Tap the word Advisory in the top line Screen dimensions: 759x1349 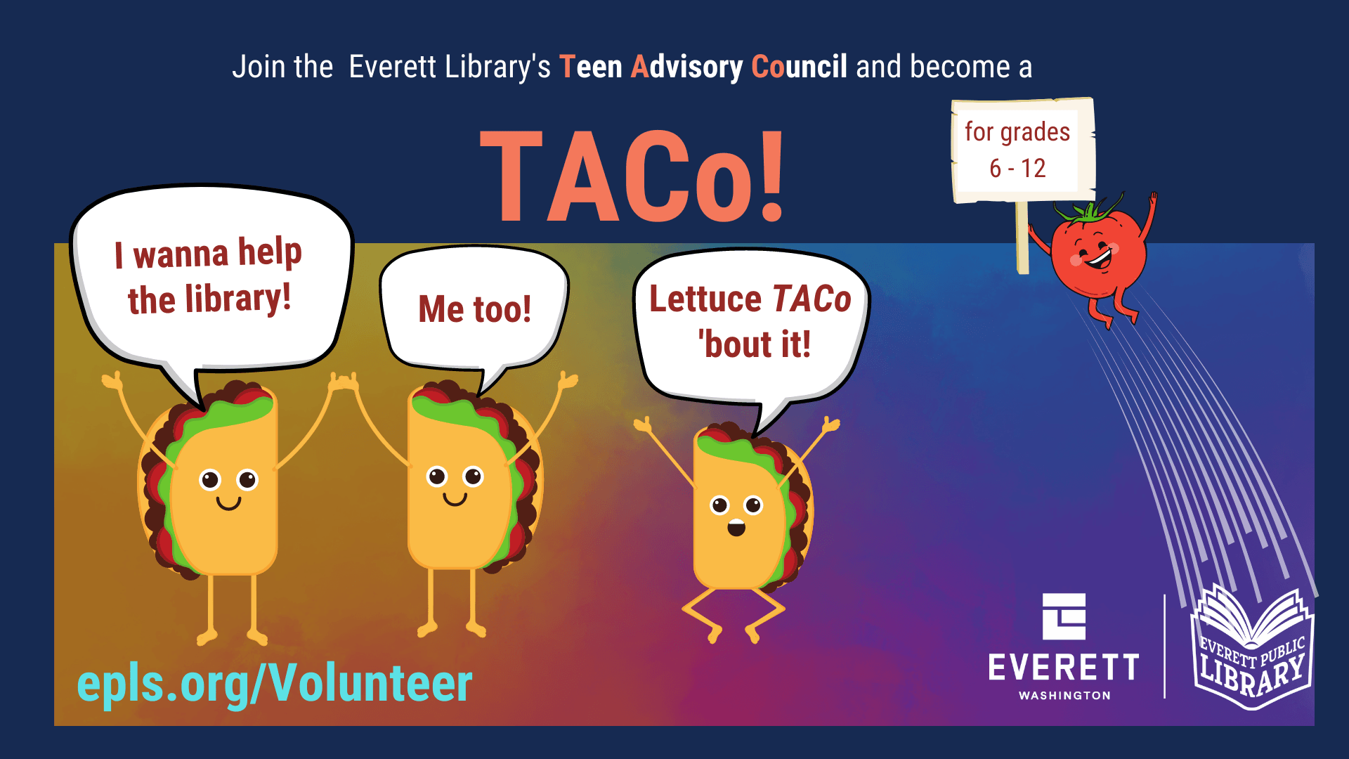point(686,67)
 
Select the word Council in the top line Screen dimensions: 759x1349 point(799,67)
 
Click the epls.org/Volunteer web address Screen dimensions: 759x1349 point(274,683)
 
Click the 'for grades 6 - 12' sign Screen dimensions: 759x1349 point(1022,150)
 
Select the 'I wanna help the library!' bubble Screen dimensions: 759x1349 point(211,278)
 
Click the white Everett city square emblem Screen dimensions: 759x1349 point(1064,616)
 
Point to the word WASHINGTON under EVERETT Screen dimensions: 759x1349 point(1064,695)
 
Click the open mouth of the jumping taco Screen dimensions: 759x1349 point(736,528)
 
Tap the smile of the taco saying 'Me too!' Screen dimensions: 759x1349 point(455,500)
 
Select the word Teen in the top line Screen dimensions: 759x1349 point(590,67)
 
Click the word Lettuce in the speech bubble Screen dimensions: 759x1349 point(705,299)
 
